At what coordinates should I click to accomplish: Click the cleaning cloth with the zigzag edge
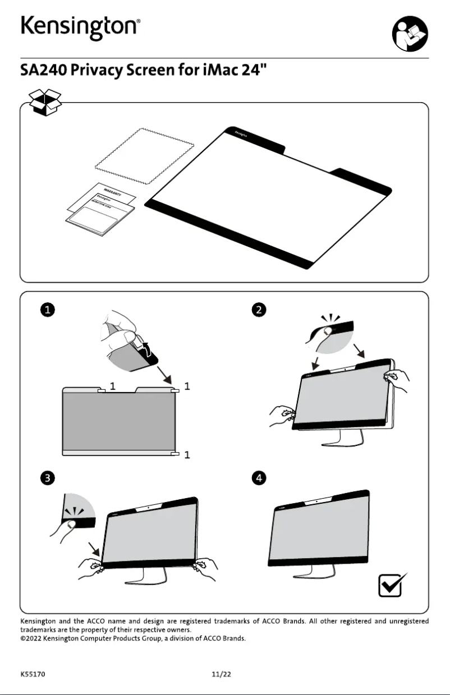[x=145, y=157]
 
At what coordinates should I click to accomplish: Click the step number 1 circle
[x=47, y=310]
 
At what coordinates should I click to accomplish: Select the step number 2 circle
[x=259, y=310]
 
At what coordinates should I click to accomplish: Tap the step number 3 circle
[x=47, y=478]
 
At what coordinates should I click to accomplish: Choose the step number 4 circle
[x=259, y=478]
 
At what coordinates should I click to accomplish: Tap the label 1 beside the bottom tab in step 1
[x=187, y=455]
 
